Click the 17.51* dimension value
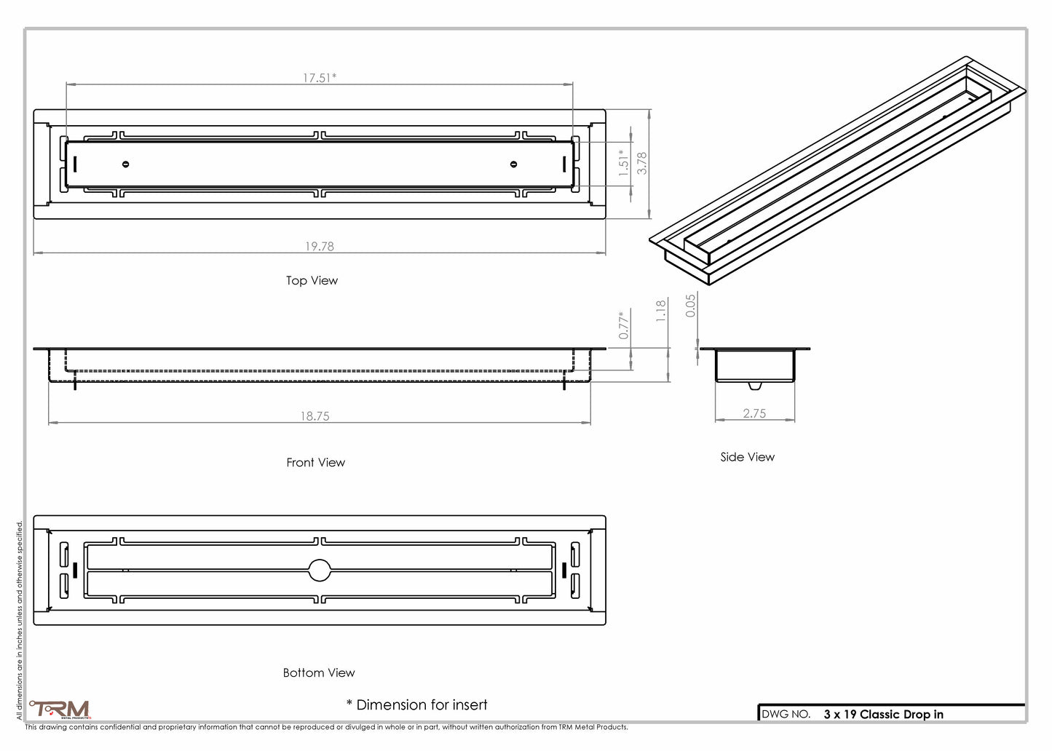click(320, 78)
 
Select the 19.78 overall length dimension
click(320, 247)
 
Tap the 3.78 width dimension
click(642, 163)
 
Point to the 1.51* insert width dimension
click(624, 163)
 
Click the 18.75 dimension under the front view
click(315, 416)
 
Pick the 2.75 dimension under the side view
click(754, 413)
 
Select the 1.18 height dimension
click(661, 311)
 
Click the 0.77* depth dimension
click(624, 325)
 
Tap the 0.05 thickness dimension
click(691, 305)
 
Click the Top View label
click(312, 281)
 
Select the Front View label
click(315, 463)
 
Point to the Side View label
click(747, 457)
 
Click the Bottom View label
click(319, 673)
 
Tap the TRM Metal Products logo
click(60, 709)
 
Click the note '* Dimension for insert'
click(416, 704)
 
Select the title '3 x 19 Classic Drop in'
click(883, 715)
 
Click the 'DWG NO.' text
click(786, 715)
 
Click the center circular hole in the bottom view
click(320, 570)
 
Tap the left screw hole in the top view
click(126, 164)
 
